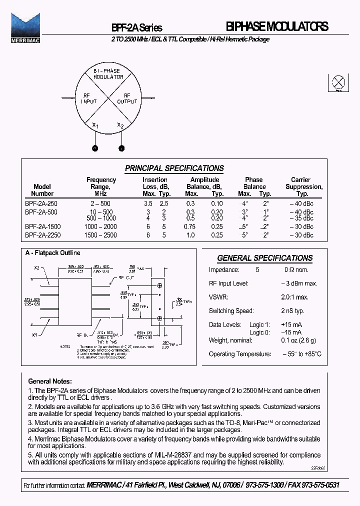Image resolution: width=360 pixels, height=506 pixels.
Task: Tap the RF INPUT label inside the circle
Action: tap(88, 98)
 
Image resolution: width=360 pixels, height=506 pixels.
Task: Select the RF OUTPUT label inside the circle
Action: tap(127, 98)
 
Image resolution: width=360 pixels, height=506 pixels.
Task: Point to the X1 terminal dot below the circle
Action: tap(94, 148)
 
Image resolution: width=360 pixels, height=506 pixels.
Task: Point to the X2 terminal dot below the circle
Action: tap(121, 148)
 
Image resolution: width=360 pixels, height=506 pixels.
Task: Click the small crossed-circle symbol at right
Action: tap(339, 82)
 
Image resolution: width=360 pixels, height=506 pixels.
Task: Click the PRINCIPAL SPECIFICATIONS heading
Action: tap(174, 168)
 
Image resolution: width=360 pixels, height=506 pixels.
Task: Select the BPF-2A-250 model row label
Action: tap(41, 204)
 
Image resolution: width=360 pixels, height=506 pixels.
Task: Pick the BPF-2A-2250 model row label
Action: tap(42, 234)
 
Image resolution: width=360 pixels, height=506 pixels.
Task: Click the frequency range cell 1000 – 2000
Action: tap(101, 226)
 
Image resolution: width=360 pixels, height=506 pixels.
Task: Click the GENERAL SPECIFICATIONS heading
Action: tap(264, 258)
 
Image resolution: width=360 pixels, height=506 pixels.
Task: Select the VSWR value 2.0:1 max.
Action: tap(294, 297)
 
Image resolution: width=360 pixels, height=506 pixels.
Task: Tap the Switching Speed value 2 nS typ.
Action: tap(292, 310)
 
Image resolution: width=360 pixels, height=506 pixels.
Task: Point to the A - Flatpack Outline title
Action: tap(53, 253)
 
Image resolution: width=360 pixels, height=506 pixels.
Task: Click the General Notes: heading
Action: tap(50, 381)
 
